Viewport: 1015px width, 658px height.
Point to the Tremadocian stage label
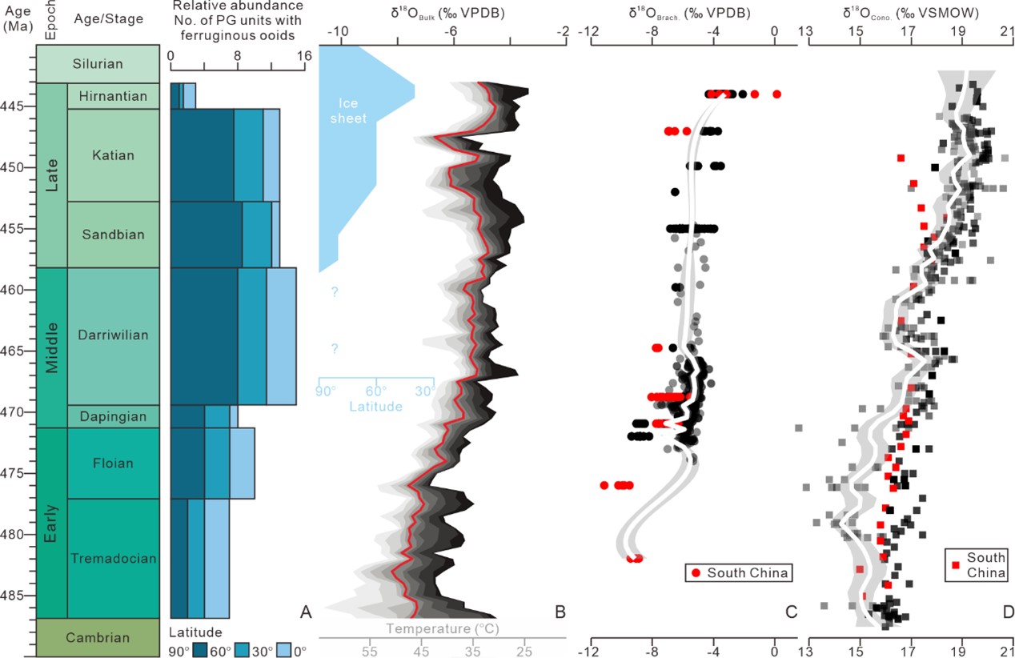(x=113, y=558)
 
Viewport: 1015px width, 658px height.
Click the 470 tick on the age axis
(x=18, y=412)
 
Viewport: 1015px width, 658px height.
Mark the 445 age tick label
(x=18, y=106)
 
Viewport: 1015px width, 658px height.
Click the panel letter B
(x=560, y=612)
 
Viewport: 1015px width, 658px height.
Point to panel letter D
(x=1007, y=612)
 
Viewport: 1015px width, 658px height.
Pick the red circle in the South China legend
(x=696, y=573)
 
